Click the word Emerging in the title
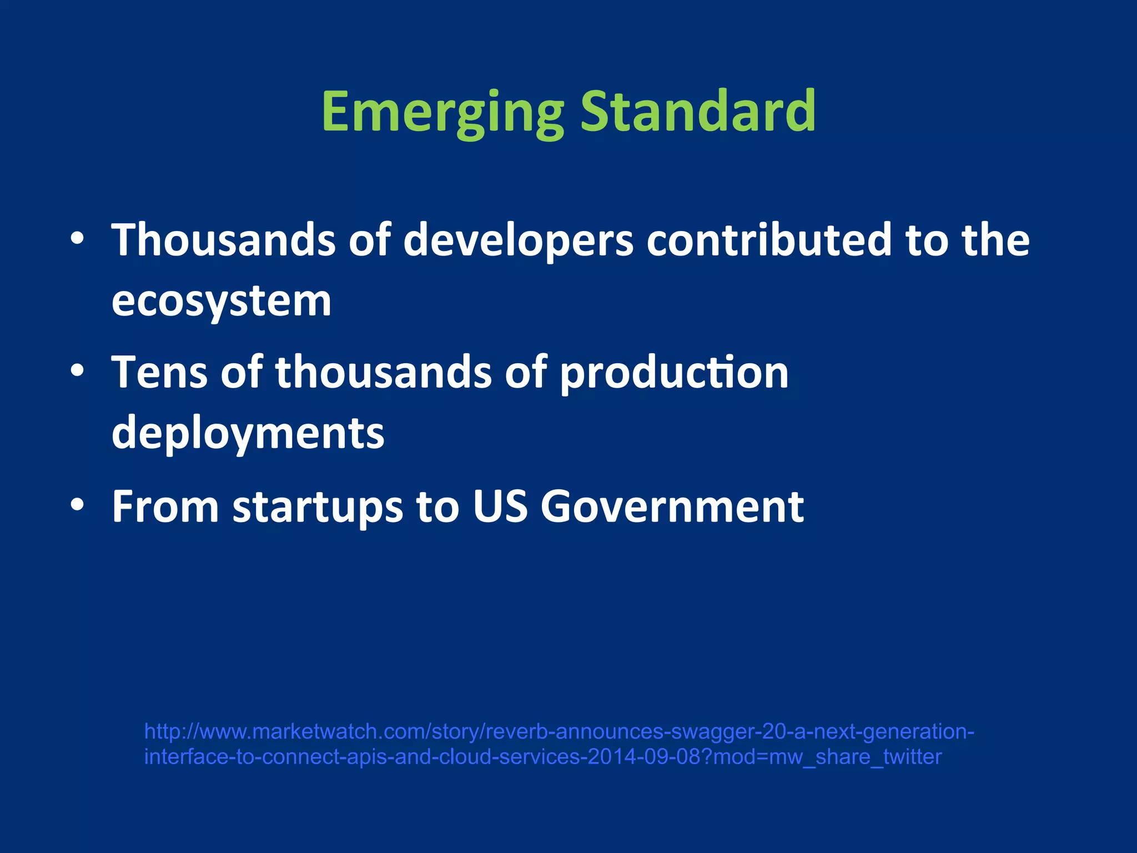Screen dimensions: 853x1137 tap(442, 113)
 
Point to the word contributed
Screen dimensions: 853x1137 tap(769, 240)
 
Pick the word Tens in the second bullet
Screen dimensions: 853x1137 tap(159, 372)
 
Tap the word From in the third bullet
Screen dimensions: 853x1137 tap(165, 506)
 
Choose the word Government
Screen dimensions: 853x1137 tap(672, 506)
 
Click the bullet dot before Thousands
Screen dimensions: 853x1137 tap(77, 239)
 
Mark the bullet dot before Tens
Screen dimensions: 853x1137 tap(77, 370)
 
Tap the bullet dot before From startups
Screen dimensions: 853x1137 tap(77, 505)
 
